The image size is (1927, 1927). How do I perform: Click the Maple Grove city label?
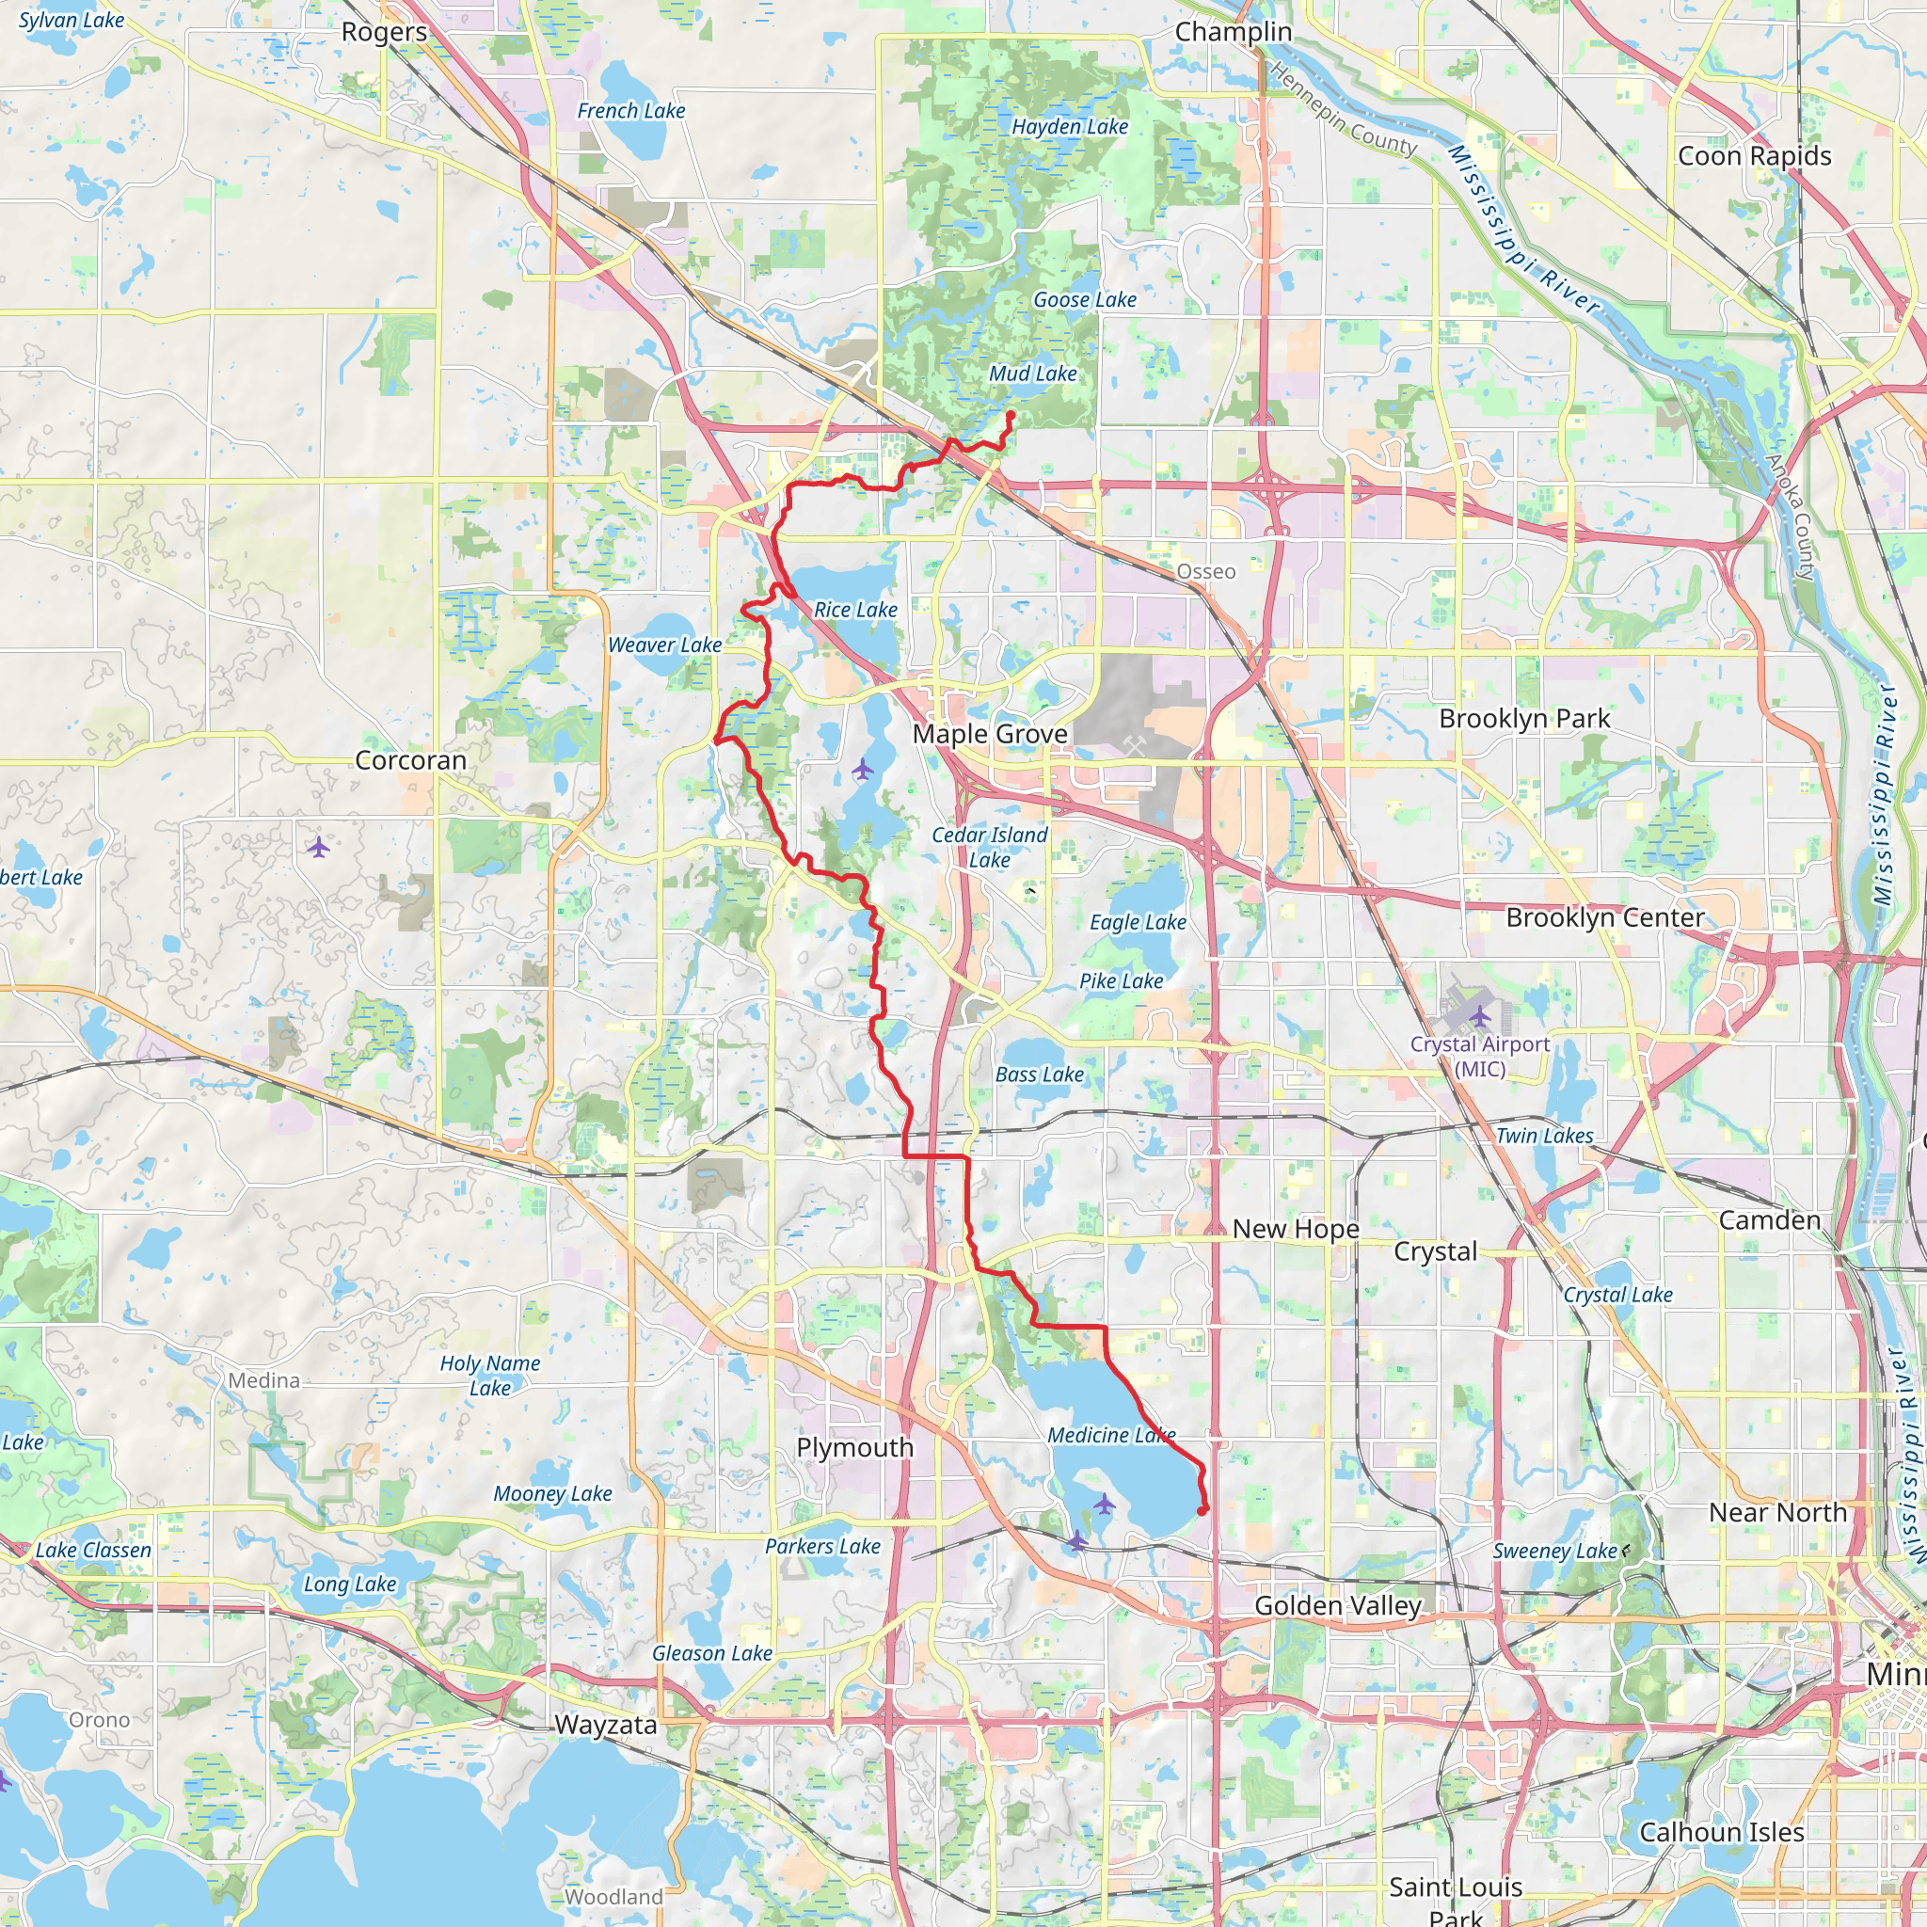click(990, 734)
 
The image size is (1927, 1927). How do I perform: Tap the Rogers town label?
click(384, 32)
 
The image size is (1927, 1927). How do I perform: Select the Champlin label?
click(1233, 32)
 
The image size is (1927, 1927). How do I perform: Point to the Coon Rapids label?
click(1755, 155)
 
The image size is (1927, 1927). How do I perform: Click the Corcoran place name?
click(410, 760)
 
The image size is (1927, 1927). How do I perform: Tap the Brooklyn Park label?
click(1524, 718)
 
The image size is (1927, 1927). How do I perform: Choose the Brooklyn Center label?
click(1604, 916)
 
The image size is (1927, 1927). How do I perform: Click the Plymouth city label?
click(854, 1447)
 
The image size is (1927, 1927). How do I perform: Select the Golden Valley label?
click(1338, 1605)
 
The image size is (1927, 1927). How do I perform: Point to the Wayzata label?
click(605, 1725)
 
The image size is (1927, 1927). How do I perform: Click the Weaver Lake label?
click(664, 645)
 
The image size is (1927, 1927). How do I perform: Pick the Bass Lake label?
click(1040, 1075)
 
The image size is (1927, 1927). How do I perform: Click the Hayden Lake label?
click(1069, 127)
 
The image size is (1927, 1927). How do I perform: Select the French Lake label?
click(630, 111)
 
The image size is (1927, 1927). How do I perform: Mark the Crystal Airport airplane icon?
click(1479, 1015)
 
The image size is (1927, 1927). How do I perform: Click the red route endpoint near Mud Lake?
click(1011, 415)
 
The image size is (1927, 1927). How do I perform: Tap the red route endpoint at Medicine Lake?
click(1202, 1510)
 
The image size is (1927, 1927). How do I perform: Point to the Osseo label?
click(1206, 571)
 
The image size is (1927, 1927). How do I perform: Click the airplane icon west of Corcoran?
click(318, 847)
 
